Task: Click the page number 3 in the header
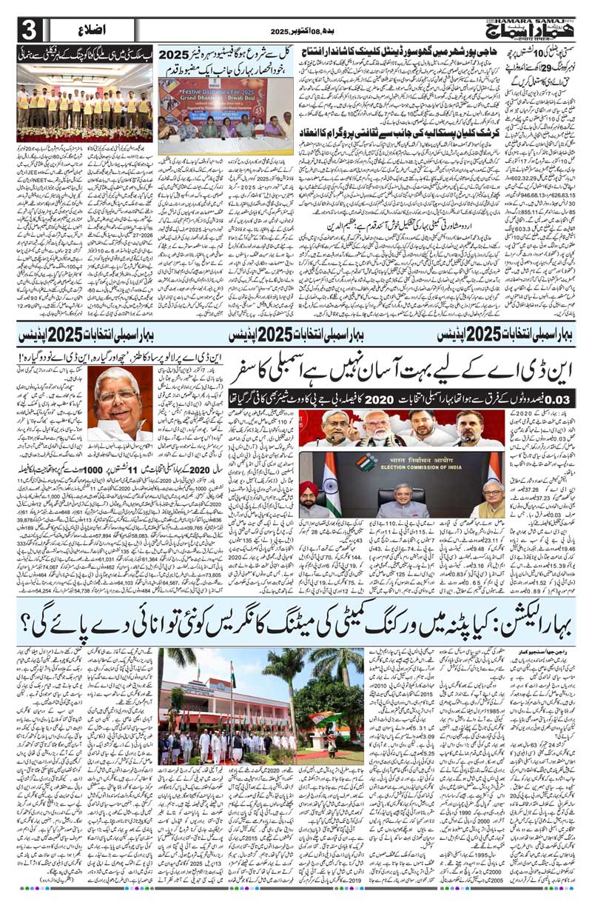(x=27, y=30)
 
